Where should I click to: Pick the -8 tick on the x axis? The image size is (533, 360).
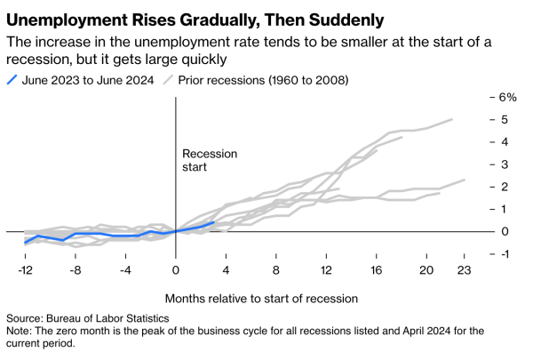point(76,269)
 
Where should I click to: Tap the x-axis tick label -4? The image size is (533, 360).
point(126,269)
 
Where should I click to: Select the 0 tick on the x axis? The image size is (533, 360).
point(176,269)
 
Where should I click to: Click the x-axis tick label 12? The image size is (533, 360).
point(327,269)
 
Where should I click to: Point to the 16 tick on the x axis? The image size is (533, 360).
point(377,269)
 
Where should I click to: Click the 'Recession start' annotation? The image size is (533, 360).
point(210,159)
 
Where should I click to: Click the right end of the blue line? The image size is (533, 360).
point(214,222)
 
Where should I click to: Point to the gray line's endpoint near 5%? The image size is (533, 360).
point(452,119)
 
